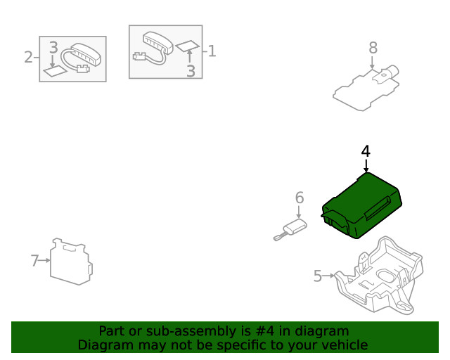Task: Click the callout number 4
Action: pyautogui.click(x=366, y=151)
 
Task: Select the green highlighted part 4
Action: pyautogui.click(x=361, y=205)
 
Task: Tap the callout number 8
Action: pyautogui.click(x=373, y=48)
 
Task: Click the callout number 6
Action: pyautogui.click(x=300, y=198)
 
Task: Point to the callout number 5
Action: pyautogui.click(x=317, y=276)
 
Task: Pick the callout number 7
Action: pyautogui.click(x=34, y=261)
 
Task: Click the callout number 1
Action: pyautogui.click(x=212, y=51)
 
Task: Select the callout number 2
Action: pyautogui.click(x=28, y=57)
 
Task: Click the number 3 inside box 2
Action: pyautogui.click(x=53, y=47)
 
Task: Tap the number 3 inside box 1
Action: pyautogui.click(x=191, y=71)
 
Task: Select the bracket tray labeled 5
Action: pyautogui.click(x=379, y=275)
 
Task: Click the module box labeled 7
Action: pyautogui.click(x=71, y=262)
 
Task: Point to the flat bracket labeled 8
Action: pyautogui.click(x=366, y=88)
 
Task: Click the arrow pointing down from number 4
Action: pyautogui.click(x=366, y=166)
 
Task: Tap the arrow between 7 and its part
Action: pyautogui.click(x=44, y=260)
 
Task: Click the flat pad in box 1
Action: pyautogui.click(x=188, y=46)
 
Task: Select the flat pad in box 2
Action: pyautogui.click(x=56, y=71)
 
